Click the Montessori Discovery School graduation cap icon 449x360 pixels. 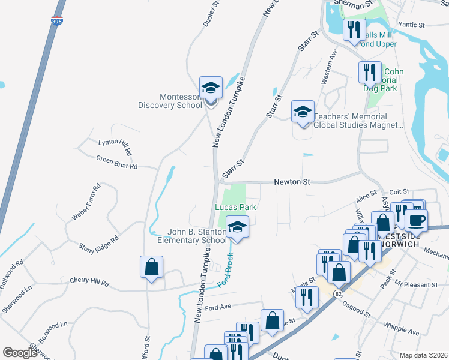211,88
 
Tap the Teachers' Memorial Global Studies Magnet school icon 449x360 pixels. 303,112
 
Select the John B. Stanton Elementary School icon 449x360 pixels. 237,228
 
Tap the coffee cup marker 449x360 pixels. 416,219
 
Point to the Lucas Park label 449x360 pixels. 236,207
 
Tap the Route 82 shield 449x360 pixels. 339,292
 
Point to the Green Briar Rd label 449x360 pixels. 117,162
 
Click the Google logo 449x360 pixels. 19,353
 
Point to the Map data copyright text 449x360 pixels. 423,355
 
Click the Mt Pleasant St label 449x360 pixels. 416,285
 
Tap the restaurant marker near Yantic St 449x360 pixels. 354,29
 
